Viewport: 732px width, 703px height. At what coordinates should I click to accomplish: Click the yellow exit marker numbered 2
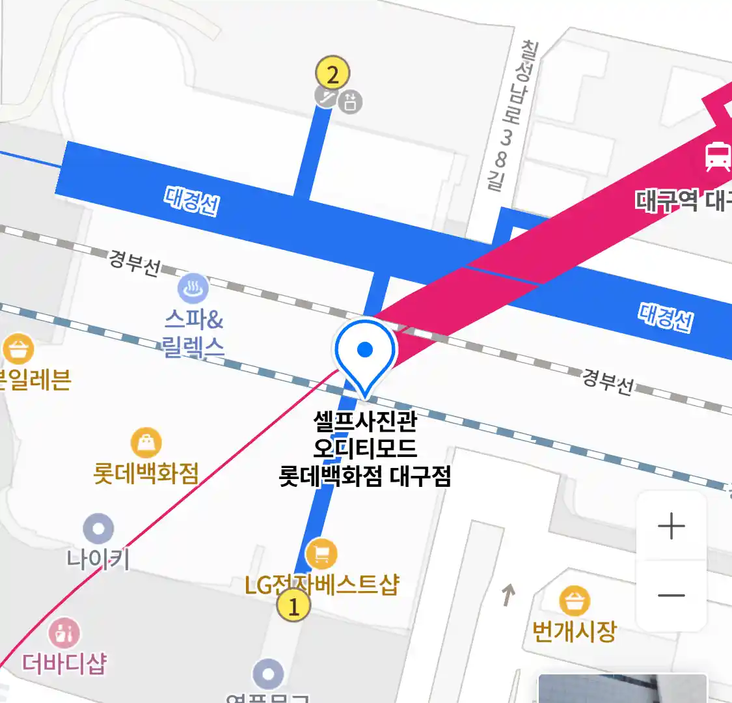coord(332,74)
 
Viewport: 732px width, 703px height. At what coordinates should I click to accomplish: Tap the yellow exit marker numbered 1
coord(293,606)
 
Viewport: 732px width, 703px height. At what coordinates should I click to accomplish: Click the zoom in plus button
coord(671,526)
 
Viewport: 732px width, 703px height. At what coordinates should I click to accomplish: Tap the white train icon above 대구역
coord(717,156)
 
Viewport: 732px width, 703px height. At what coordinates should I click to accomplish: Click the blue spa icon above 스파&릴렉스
coord(193,288)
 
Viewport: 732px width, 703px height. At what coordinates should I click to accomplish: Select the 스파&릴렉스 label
coord(194,333)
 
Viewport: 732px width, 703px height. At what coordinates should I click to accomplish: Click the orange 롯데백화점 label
coord(146,473)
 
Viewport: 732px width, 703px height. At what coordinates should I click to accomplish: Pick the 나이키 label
coord(98,558)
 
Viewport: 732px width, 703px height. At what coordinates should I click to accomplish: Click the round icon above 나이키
coord(99,529)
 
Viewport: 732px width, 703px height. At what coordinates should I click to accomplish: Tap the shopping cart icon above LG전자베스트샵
coord(321,553)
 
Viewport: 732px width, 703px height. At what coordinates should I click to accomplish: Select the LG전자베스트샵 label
coord(321,584)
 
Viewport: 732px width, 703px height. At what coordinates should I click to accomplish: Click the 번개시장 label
coord(574,630)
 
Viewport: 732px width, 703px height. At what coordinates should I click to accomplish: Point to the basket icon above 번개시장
coord(575,601)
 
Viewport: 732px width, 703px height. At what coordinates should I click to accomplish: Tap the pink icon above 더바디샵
coord(64,632)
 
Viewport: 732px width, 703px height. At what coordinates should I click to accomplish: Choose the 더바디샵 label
coord(64,663)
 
